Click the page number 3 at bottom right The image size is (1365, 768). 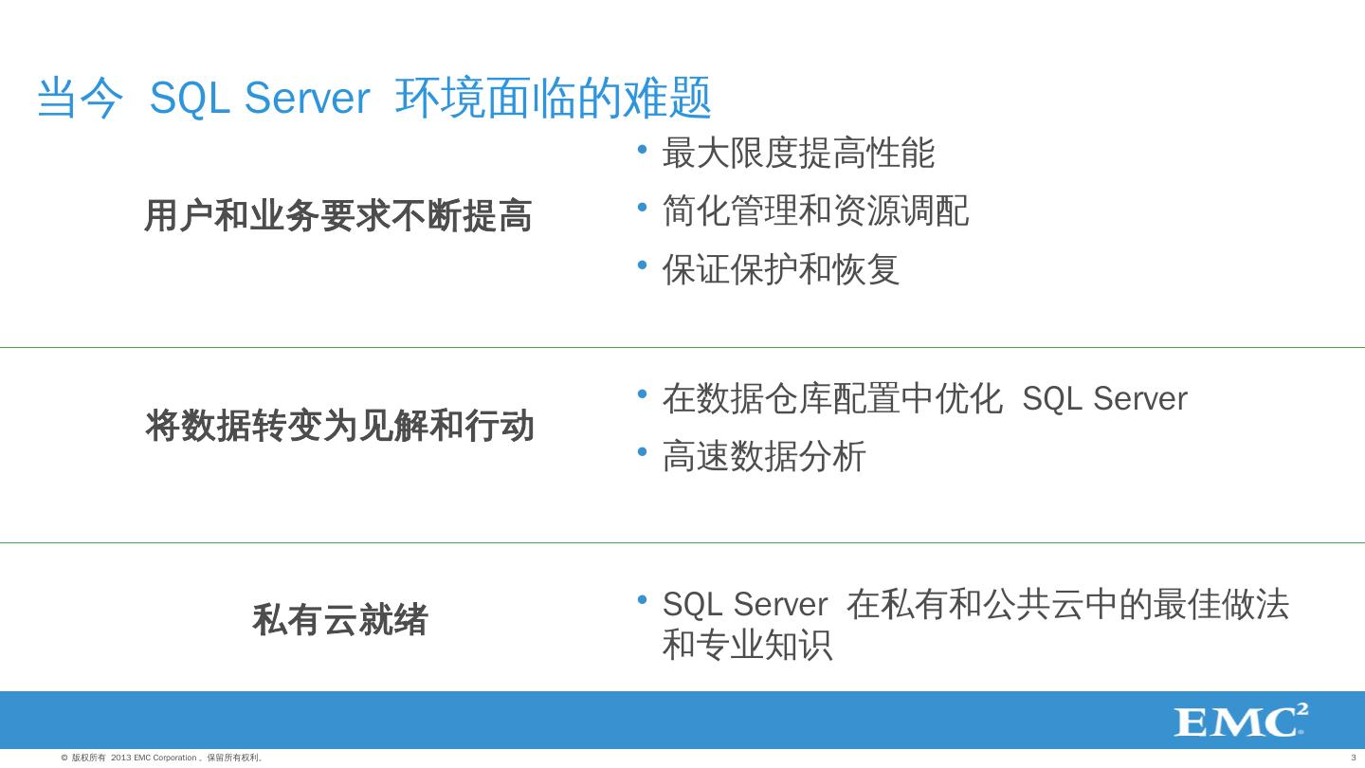coord(1353,758)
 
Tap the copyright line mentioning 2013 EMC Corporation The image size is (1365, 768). coord(162,758)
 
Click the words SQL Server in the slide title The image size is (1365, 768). coord(259,99)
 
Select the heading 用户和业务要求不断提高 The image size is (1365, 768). coord(337,216)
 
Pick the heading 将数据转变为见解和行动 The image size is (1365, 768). coord(339,426)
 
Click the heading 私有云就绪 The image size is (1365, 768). coord(339,620)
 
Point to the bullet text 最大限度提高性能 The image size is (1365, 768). coord(798,153)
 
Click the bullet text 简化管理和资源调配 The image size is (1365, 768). coord(815,210)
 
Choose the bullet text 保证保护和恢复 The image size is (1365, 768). coord(780,269)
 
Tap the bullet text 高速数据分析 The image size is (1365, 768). coord(764,456)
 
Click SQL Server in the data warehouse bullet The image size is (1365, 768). coord(1104,399)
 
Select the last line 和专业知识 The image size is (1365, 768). coord(747,645)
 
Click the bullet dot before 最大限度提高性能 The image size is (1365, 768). coord(643,149)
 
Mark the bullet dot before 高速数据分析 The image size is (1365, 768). coord(643,452)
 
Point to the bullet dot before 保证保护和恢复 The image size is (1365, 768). coord(643,265)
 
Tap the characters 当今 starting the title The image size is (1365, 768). coord(80,99)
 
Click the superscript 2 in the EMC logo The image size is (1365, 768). coord(1301,710)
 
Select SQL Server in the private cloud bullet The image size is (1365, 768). coord(745,604)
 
